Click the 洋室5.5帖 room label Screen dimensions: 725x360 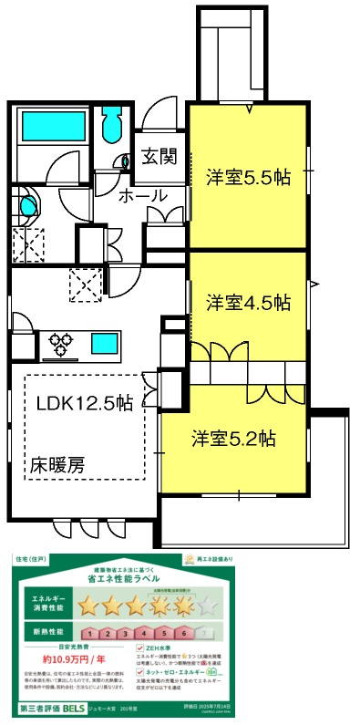(247, 178)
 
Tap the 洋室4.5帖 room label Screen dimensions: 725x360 (247, 302)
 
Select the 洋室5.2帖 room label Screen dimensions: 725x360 (233, 438)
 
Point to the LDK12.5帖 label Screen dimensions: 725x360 (85, 402)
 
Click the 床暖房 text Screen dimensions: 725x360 (61, 463)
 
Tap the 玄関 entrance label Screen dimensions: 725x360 (159, 157)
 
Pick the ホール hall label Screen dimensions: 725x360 (143, 196)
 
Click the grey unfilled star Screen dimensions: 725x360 (209, 605)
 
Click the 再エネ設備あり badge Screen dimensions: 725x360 (215, 558)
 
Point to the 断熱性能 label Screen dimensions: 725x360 (42, 631)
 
